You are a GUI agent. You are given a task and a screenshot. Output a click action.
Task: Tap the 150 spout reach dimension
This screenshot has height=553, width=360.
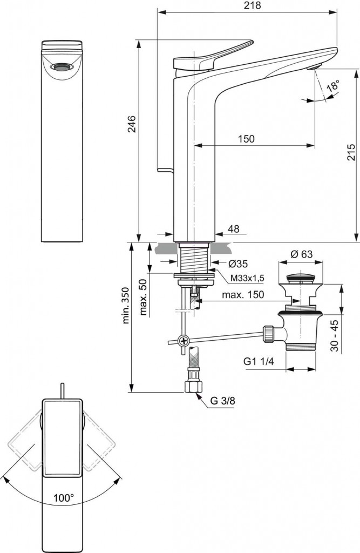tap(246, 139)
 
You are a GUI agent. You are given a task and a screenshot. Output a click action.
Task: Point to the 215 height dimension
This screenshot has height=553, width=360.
tap(351, 155)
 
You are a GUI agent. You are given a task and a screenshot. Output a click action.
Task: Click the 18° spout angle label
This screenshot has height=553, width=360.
tap(333, 86)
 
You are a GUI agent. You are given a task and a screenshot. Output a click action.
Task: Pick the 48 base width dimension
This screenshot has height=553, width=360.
tap(233, 229)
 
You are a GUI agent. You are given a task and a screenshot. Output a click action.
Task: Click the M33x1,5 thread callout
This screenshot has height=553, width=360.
tap(247, 278)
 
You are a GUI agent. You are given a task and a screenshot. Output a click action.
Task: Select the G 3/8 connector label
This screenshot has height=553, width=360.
tap(222, 401)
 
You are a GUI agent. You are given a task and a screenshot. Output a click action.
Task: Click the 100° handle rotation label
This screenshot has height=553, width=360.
tap(64, 498)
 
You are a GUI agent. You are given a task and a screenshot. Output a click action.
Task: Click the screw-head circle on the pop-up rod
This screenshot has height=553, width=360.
tap(184, 341)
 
